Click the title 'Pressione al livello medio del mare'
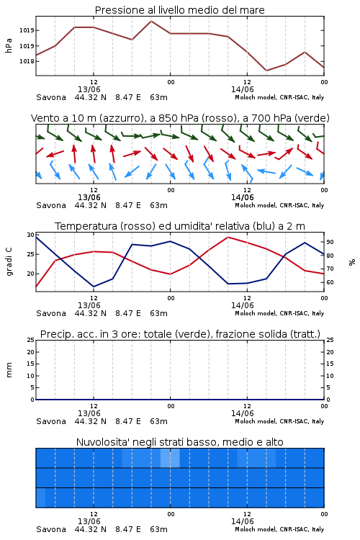179,10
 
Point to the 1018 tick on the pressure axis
27,61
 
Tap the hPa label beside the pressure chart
9,45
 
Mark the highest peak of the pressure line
151,21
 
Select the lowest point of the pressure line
266,71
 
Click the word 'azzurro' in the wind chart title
120,118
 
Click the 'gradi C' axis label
9,262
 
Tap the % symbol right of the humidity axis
352,262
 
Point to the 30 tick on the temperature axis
31,235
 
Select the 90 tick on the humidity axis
330,242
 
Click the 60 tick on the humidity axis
330,282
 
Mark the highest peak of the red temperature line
228,237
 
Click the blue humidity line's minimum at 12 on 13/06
94,287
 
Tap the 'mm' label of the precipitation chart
9,370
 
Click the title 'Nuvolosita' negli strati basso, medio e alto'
179,442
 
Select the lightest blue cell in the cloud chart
170,458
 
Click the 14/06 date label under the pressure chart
242,89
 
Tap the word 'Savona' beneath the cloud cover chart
51,529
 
